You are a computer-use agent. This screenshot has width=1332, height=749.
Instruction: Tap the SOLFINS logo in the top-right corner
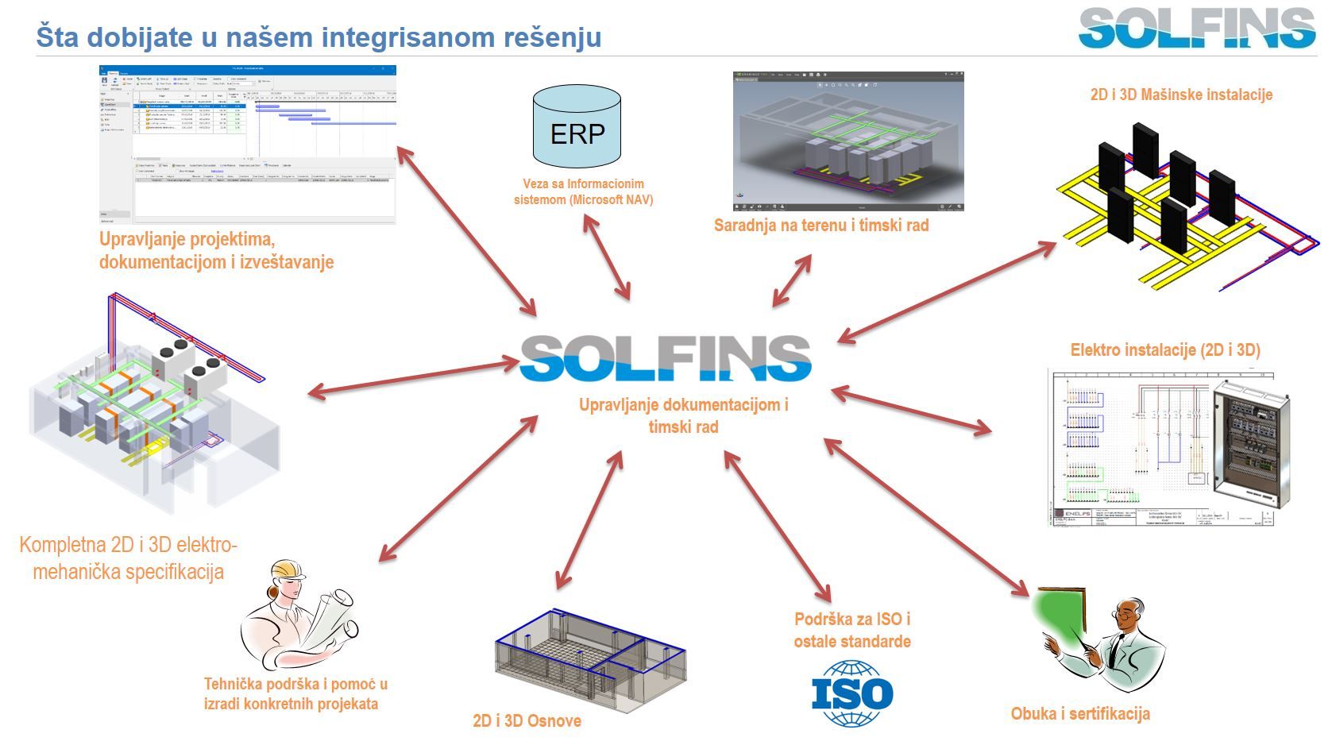[1197, 29]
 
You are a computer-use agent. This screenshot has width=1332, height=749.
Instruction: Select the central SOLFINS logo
[666, 358]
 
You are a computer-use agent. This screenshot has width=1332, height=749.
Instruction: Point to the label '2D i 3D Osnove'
[527, 721]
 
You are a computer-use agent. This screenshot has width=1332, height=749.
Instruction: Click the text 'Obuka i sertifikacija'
[1080, 714]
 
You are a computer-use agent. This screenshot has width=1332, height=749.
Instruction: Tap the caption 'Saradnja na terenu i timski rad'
[821, 226]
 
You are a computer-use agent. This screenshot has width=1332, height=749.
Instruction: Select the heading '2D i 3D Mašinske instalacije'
[1181, 95]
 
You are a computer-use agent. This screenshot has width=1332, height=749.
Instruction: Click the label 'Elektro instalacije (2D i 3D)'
[1165, 350]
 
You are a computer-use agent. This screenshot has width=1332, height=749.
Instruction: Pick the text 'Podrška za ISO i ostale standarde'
[852, 630]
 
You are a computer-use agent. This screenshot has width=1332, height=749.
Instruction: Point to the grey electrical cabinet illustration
[1250, 444]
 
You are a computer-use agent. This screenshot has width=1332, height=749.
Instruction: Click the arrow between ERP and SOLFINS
[607, 257]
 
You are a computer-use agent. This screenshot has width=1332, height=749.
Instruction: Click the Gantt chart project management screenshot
[247, 145]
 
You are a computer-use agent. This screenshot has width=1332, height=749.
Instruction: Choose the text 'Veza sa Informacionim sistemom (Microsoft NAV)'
[583, 192]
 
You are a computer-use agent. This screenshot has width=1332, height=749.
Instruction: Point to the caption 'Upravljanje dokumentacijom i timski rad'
[683, 415]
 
